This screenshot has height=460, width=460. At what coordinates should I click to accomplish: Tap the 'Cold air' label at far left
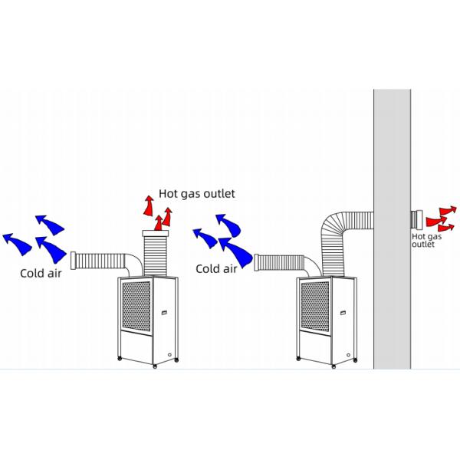pyautogui.click(x=42, y=271)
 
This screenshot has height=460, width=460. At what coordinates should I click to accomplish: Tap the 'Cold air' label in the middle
pyautogui.click(x=216, y=268)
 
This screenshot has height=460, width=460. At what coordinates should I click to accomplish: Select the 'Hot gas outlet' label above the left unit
pyautogui.click(x=196, y=193)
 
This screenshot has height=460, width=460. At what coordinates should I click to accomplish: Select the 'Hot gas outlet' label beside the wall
pyautogui.click(x=426, y=241)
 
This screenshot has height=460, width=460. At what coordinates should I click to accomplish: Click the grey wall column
pyautogui.click(x=392, y=230)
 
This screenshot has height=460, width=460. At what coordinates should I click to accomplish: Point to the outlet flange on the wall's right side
pyautogui.click(x=416, y=220)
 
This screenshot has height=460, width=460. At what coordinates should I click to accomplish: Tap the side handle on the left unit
pyautogui.click(x=165, y=312)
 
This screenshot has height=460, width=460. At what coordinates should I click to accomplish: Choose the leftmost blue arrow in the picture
pyautogui.click(x=17, y=242)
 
